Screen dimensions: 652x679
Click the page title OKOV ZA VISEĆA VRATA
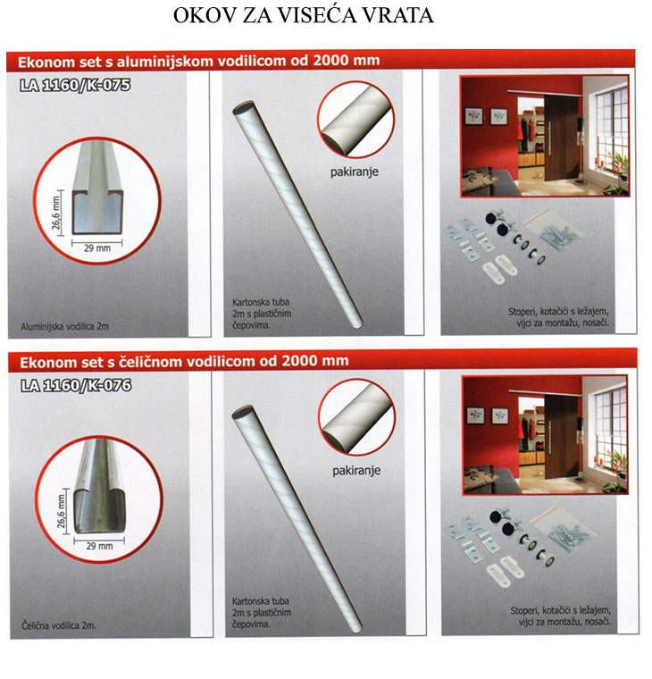pyautogui.click(x=304, y=15)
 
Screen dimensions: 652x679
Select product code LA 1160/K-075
pyautogui.click(x=75, y=85)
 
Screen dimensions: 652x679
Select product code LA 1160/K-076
pyautogui.click(x=76, y=385)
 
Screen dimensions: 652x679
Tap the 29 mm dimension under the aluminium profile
pyautogui.click(x=97, y=248)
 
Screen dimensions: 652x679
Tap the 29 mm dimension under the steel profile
pyautogui.click(x=99, y=546)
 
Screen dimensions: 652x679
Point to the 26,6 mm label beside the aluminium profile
pyautogui.click(x=56, y=213)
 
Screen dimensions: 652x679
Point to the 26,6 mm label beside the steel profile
pyautogui.click(x=62, y=511)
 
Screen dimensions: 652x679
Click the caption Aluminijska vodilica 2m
pyautogui.click(x=64, y=326)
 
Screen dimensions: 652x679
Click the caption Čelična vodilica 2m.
pyautogui.click(x=59, y=625)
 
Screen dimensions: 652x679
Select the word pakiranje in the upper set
pyautogui.click(x=355, y=172)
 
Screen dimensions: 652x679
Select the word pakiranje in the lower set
pyautogui.click(x=356, y=471)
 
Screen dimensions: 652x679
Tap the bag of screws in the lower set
pyautogui.click(x=564, y=529)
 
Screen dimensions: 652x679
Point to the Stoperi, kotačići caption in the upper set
pyautogui.click(x=558, y=317)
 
